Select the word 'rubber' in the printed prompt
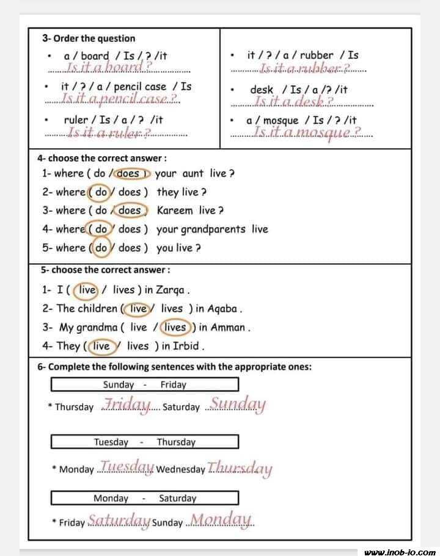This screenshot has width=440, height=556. pyautogui.click(x=316, y=55)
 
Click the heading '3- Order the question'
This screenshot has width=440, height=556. pyautogui.click(x=89, y=38)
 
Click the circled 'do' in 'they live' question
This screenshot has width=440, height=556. pyautogui.click(x=101, y=192)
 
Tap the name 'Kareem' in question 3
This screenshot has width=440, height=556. pyautogui.click(x=175, y=211)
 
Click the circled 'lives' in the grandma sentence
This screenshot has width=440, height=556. pyautogui.click(x=176, y=327)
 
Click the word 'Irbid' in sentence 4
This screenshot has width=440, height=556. pyautogui.click(x=186, y=346)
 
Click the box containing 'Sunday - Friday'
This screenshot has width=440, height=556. pyautogui.click(x=144, y=385)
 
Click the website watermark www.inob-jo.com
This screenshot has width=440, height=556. pyautogui.click(x=400, y=552)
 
